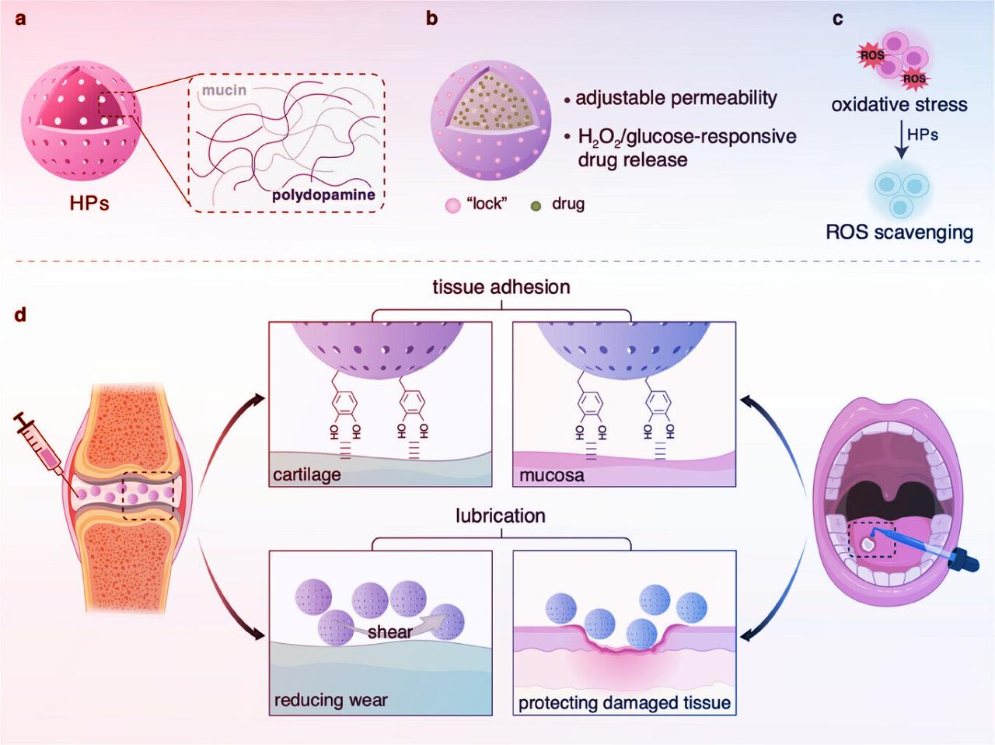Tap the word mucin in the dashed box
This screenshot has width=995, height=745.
point(224,90)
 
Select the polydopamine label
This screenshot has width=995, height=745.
point(323,194)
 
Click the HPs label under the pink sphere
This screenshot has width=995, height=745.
point(89,203)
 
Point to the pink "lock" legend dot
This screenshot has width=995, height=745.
point(452,205)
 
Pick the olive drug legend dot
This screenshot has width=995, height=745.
point(536,205)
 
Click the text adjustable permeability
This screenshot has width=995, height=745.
point(676,98)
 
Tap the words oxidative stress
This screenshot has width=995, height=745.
point(899,105)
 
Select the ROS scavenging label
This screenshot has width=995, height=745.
point(899,232)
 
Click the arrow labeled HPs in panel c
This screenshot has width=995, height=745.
point(901,140)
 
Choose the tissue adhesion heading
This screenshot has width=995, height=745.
point(501,287)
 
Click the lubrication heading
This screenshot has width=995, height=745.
point(501,516)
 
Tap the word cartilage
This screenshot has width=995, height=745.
point(307,474)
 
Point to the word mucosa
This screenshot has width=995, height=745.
point(552,474)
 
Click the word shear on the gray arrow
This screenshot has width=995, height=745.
point(389,631)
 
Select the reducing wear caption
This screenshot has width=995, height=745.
point(330,701)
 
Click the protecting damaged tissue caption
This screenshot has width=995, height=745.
point(624,703)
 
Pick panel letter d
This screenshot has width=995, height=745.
point(20,315)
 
